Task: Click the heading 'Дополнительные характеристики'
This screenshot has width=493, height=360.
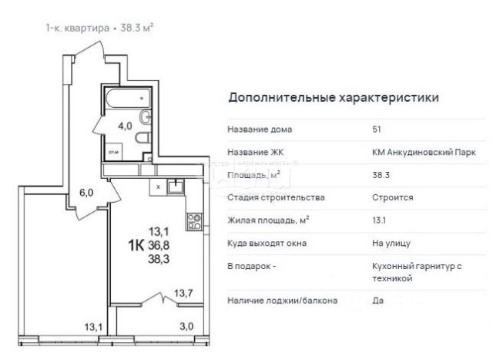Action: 334,98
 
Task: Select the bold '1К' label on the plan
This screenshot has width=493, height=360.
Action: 136,245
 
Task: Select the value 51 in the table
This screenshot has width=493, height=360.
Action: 377,130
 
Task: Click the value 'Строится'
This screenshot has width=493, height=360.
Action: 392,197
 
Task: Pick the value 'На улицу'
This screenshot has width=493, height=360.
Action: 391,243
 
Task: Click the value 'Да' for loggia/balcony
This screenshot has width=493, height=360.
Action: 377,300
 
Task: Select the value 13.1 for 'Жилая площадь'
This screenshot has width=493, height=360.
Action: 379,220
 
